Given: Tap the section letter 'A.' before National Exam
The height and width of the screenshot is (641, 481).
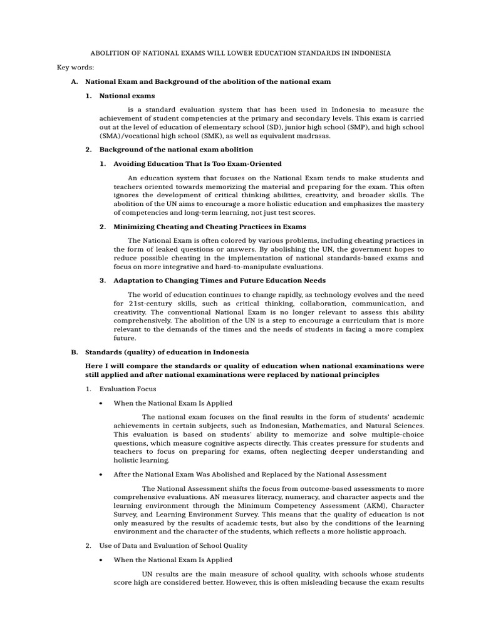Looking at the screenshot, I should [75, 82].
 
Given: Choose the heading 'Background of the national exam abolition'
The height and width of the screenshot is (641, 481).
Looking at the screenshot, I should [176, 150].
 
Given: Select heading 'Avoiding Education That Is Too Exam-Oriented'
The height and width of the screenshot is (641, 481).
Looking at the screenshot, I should [197, 164].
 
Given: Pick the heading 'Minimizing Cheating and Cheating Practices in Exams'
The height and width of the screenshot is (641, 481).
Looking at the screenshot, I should [210, 227].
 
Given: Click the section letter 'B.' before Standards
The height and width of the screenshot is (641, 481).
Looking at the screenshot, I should [75, 352].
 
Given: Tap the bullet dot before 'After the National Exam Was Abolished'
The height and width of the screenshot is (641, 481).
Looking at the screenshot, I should [101, 474].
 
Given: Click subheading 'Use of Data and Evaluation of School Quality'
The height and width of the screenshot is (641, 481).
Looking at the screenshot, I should [173, 546].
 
